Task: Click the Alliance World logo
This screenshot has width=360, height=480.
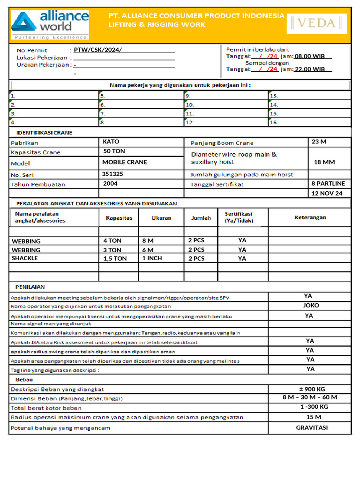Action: tap(50, 25)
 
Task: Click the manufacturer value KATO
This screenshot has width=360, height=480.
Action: tap(111, 142)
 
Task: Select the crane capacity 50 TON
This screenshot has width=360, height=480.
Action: tap(114, 151)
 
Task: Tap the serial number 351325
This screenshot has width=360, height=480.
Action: tap(112, 173)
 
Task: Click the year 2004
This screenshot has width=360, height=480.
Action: tap(110, 184)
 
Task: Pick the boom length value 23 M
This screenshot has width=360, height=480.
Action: tap(319, 142)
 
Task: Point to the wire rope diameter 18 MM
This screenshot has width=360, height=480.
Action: tap(324, 162)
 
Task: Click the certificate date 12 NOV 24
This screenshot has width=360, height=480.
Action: tap(327, 193)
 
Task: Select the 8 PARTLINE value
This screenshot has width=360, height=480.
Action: tap(328, 183)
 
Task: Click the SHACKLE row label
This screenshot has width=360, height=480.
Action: tap(25, 258)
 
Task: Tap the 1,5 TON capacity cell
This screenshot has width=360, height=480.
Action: tap(115, 258)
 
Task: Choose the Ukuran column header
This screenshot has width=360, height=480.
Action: tap(161, 218)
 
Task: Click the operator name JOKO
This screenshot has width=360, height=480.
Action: tap(311, 306)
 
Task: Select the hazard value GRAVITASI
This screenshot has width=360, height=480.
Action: tap(312, 427)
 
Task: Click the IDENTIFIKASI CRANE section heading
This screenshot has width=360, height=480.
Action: tap(45, 133)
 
